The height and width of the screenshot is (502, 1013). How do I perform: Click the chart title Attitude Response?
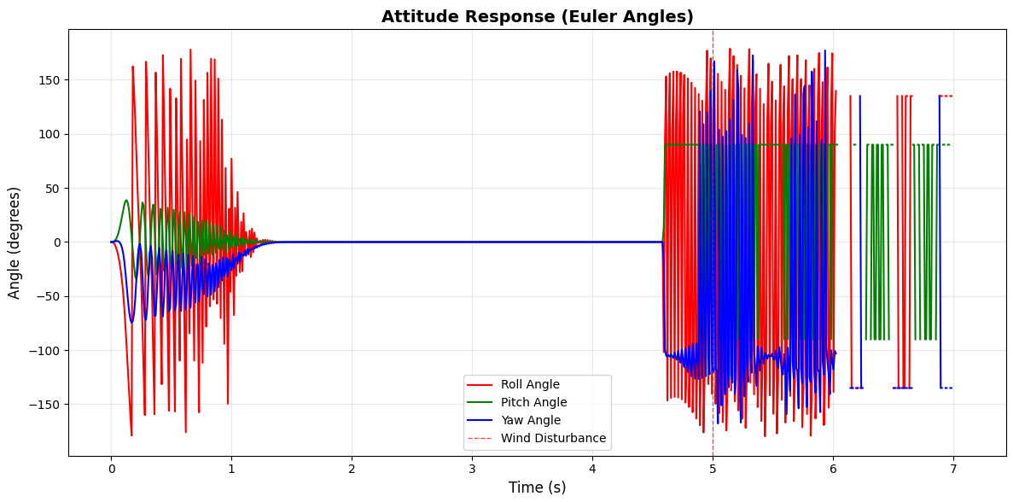point(537,17)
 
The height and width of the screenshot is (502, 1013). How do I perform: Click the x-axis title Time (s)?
point(537,487)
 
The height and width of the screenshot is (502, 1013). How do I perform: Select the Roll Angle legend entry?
point(530,385)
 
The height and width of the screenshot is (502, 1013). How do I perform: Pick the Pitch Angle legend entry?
point(533,403)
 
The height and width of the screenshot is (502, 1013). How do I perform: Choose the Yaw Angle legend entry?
point(530,420)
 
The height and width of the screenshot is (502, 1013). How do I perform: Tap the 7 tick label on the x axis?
point(953,468)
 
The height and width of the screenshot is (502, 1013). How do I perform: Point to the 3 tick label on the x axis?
point(472,468)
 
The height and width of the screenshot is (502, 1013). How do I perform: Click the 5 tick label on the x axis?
point(713,468)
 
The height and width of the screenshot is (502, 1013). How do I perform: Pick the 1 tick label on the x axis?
point(231,468)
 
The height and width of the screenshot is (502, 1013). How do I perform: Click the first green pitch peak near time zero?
point(126,201)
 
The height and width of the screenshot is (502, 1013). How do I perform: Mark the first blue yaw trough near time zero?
point(131,323)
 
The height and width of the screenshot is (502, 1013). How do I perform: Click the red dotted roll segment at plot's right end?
point(946,96)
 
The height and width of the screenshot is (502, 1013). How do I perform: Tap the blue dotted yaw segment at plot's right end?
point(946,388)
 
